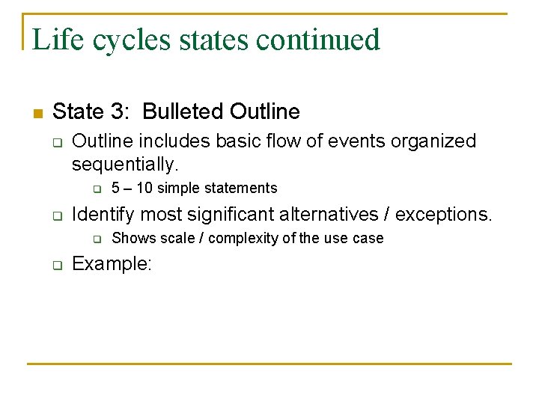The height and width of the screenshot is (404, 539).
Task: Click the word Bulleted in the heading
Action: [183, 112]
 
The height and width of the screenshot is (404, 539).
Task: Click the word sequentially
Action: [125, 164]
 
